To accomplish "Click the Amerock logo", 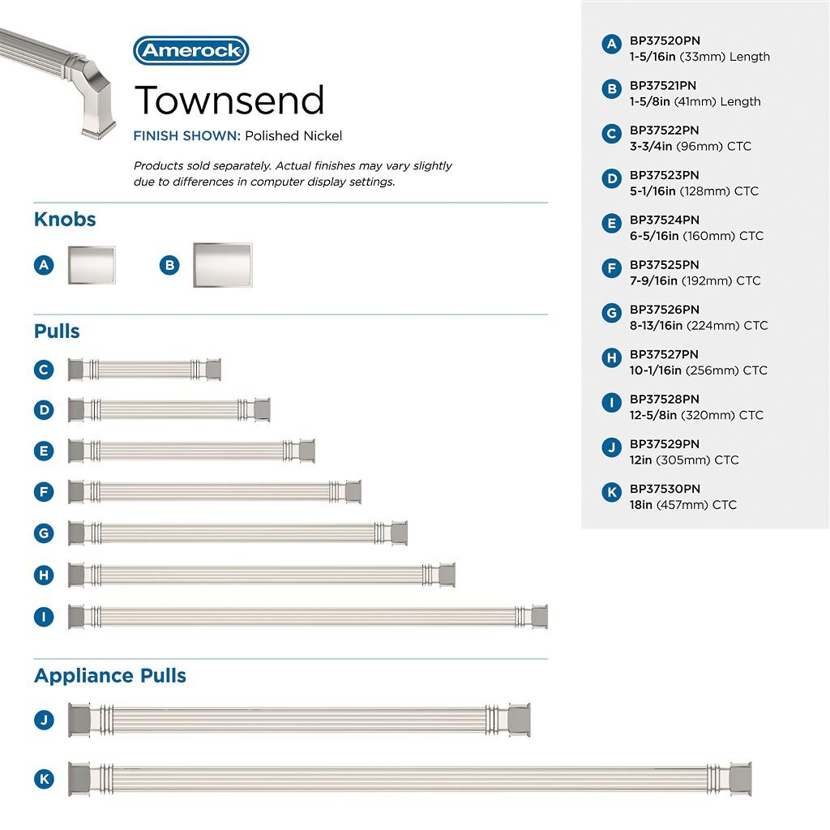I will tap(190, 50).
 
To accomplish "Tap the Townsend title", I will tap(229, 100).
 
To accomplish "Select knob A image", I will tap(91, 265).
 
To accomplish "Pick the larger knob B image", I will tap(222, 265).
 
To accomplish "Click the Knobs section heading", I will tap(65, 220).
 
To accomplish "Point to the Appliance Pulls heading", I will tap(110, 676).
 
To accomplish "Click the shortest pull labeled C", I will tap(144, 370).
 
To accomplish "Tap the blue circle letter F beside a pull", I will tap(44, 492).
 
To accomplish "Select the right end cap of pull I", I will tap(538, 617).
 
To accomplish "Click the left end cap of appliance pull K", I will tap(79, 779).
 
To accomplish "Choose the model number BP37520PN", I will tap(665, 41).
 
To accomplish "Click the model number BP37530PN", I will tap(665, 489).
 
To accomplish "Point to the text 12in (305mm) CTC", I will tap(684, 460).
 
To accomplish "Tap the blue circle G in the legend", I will tap(612, 313).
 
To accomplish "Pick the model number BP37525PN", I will tap(665, 265).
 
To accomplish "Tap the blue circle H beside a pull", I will tap(44, 575).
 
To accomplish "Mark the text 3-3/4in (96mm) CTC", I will tap(691, 147).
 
